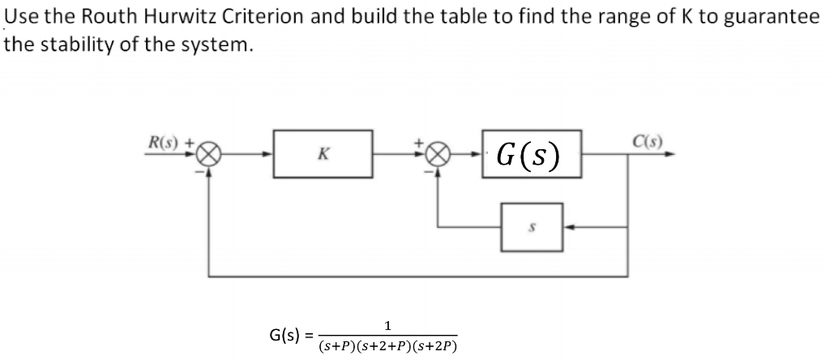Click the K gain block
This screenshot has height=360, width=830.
point(322,152)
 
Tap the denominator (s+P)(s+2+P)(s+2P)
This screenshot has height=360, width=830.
point(388,346)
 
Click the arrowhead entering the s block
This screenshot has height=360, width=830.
point(568,228)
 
